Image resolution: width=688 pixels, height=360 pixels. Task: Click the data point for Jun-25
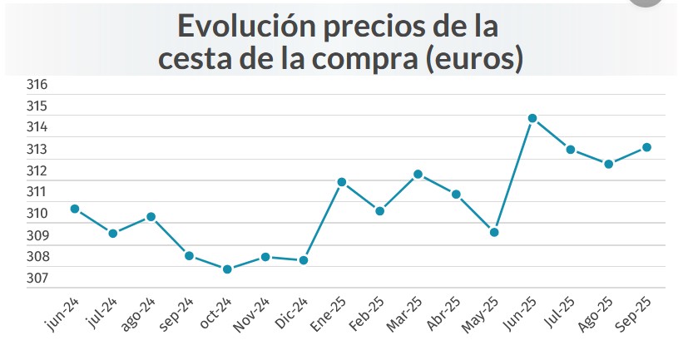coord(532,118)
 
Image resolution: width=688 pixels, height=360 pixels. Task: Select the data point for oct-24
coord(227,269)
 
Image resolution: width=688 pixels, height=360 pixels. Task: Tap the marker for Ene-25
coord(341,182)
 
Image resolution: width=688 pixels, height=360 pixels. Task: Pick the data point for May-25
coord(494,232)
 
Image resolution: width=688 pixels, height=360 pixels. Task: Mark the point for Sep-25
coord(646,147)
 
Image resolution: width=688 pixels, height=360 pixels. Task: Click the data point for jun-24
coord(75,209)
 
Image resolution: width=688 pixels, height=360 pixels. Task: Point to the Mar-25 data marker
coord(418,175)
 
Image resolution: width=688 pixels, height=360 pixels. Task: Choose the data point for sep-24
coord(189,255)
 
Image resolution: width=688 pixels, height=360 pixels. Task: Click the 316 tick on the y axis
coord(37,85)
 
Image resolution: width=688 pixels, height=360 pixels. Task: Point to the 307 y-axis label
coord(37,279)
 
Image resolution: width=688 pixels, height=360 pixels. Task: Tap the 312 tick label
coord(37,171)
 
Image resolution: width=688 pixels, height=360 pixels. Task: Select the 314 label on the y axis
coord(37,128)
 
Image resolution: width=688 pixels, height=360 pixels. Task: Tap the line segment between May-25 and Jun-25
coord(513,175)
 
